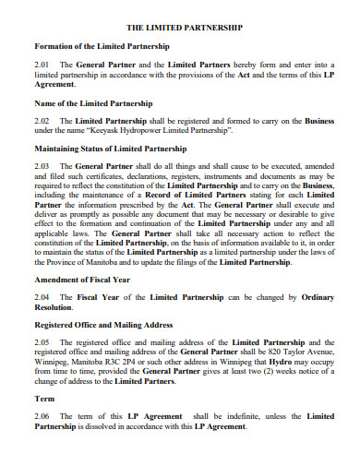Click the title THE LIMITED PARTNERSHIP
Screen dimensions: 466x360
(184, 28)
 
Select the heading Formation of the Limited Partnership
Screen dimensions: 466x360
(101, 46)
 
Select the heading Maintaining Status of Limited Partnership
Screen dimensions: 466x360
(112, 147)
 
